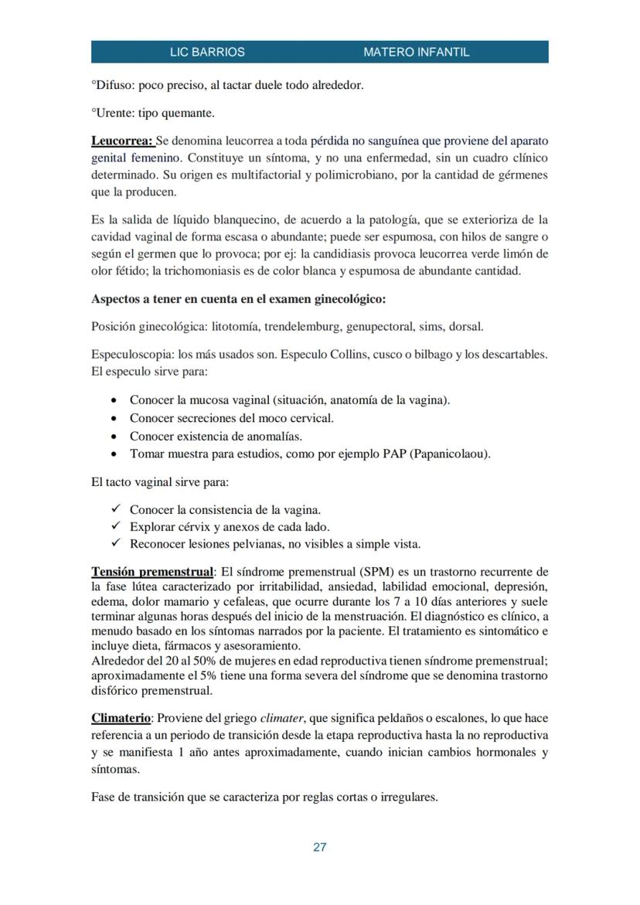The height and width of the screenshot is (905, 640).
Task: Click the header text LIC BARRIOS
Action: (207, 53)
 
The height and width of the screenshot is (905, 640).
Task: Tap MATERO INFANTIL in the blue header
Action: (416, 53)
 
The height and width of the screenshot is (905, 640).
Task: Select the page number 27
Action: (319, 847)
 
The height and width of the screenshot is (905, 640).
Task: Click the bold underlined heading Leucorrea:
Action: (122, 141)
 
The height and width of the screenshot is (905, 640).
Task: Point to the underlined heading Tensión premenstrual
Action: (152, 572)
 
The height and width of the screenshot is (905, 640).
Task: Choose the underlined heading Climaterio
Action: (121, 718)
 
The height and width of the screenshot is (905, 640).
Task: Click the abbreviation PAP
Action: (395, 454)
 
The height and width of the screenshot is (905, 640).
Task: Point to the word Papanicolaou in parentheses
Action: (451, 454)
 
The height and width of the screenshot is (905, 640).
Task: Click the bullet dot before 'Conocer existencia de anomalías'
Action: (114, 436)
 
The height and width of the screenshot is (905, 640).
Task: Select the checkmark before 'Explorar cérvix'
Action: (115, 526)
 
